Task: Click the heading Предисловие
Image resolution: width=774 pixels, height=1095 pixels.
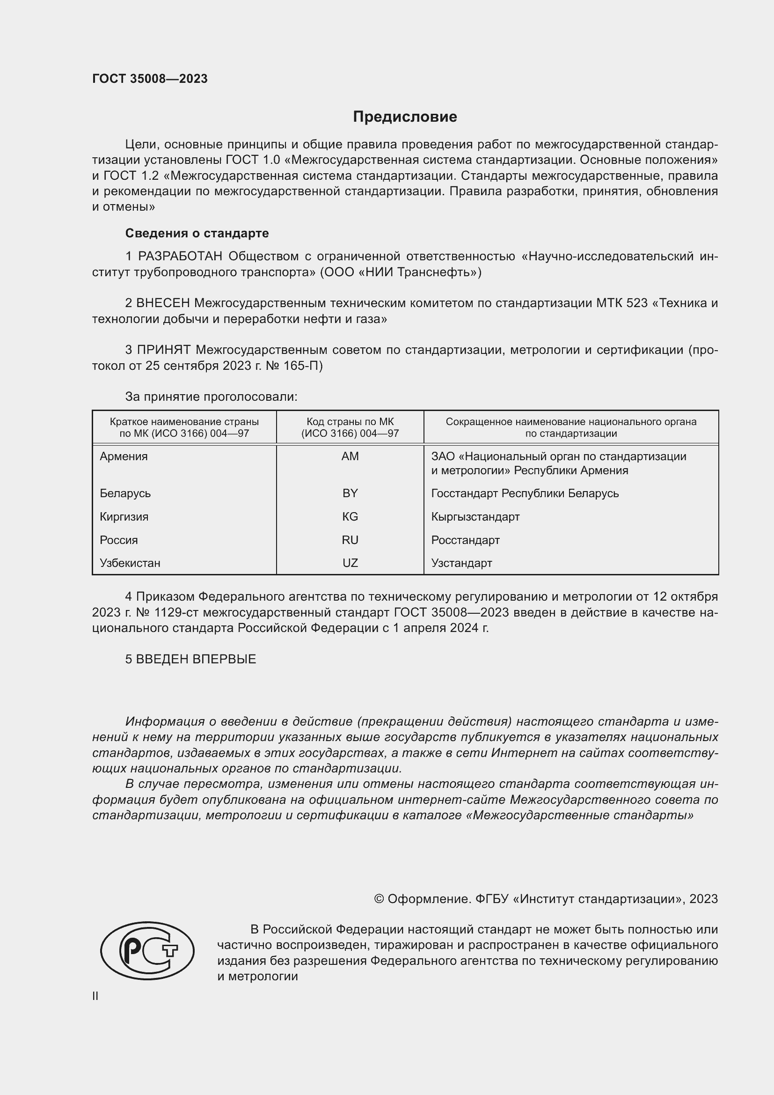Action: click(x=405, y=117)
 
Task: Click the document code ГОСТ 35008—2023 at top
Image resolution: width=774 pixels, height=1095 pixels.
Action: click(x=150, y=79)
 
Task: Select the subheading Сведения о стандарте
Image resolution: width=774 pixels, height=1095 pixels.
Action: click(x=197, y=233)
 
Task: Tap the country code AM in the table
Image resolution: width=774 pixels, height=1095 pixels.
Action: click(x=350, y=456)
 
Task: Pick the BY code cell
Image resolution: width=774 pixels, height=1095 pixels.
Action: click(x=350, y=493)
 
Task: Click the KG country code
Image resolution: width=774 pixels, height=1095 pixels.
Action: click(x=350, y=516)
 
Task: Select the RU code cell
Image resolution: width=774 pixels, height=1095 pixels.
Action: click(x=350, y=540)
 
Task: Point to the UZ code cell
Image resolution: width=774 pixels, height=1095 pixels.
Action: click(x=350, y=563)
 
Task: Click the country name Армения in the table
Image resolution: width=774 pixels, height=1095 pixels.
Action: click(x=124, y=456)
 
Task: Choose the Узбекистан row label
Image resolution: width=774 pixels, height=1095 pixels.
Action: click(x=130, y=563)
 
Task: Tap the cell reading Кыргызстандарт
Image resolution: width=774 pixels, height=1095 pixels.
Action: click(x=475, y=516)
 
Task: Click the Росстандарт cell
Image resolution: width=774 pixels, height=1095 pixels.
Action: click(x=465, y=540)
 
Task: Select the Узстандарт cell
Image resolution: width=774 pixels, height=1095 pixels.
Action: click(x=461, y=563)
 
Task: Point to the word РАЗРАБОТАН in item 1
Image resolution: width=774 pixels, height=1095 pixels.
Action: click(x=180, y=257)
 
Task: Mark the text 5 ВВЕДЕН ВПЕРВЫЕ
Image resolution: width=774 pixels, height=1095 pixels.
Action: click(x=190, y=659)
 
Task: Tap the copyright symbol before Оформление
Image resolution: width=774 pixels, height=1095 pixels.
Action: click(x=379, y=899)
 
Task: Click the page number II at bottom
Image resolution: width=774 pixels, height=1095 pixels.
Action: click(x=95, y=996)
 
